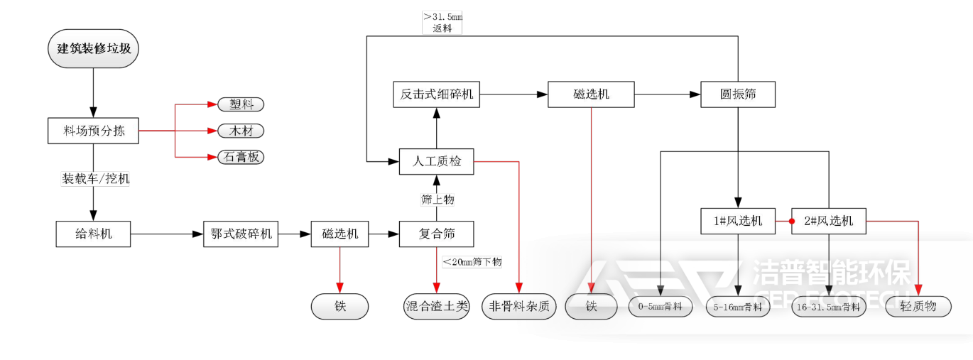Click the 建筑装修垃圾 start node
coord(93,49)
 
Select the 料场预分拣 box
coord(93,131)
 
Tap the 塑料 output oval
coord(241,104)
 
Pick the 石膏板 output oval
coord(241,157)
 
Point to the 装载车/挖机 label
coord(95,179)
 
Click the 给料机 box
coord(93,234)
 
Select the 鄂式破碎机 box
coord(241,234)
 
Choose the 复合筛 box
coord(436,234)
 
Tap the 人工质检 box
coord(436,162)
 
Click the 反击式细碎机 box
coord(436,94)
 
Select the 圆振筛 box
coord(737,94)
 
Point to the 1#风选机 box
coord(738,221)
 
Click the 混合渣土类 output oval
coord(436,307)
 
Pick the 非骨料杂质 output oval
coord(520,307)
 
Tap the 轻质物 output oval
coord(918,307)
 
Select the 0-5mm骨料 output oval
coord(661,307)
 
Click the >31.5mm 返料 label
coord(442,23)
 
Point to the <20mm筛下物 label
coord(472,262)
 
